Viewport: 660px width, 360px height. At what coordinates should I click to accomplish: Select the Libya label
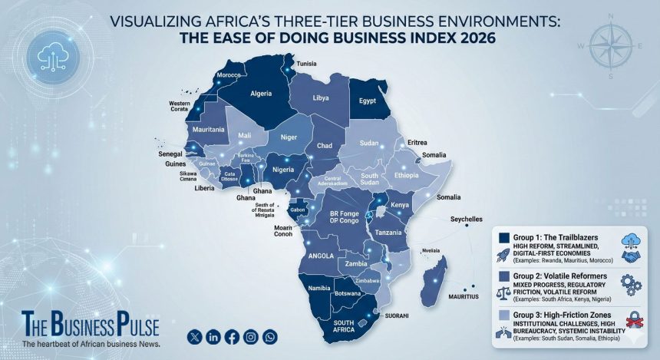(x=320, y=98)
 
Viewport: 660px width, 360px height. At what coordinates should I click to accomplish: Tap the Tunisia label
(x=307, y=63)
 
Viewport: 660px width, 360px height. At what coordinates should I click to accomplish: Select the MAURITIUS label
(x=464, y=296)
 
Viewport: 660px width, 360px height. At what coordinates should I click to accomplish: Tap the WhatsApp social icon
(x=270, y=336)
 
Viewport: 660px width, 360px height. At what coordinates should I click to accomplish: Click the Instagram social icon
(x=251, y=336)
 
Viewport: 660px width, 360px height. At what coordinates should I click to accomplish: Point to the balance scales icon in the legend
(x=504, y=292)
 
